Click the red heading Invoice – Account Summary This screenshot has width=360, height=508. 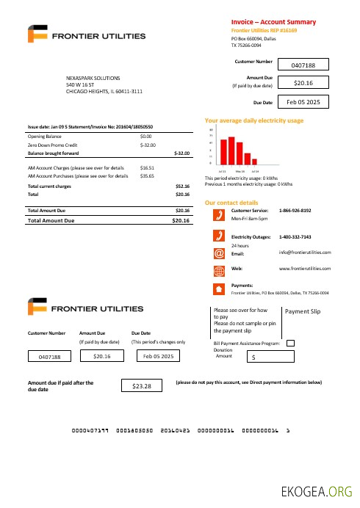pos(273,22)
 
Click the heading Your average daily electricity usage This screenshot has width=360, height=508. pos(253,120)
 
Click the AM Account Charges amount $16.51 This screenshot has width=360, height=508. pos(147,168)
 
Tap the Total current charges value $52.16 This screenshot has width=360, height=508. pos(182,186)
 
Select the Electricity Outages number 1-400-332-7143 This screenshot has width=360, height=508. pos(295,237)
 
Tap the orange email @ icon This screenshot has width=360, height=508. pos(218,253)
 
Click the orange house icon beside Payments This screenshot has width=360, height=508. pos(218,288)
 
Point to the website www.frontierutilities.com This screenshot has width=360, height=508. pos(305,269)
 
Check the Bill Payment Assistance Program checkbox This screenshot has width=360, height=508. pos(289,342)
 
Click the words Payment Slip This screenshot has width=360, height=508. pos(303,311)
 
